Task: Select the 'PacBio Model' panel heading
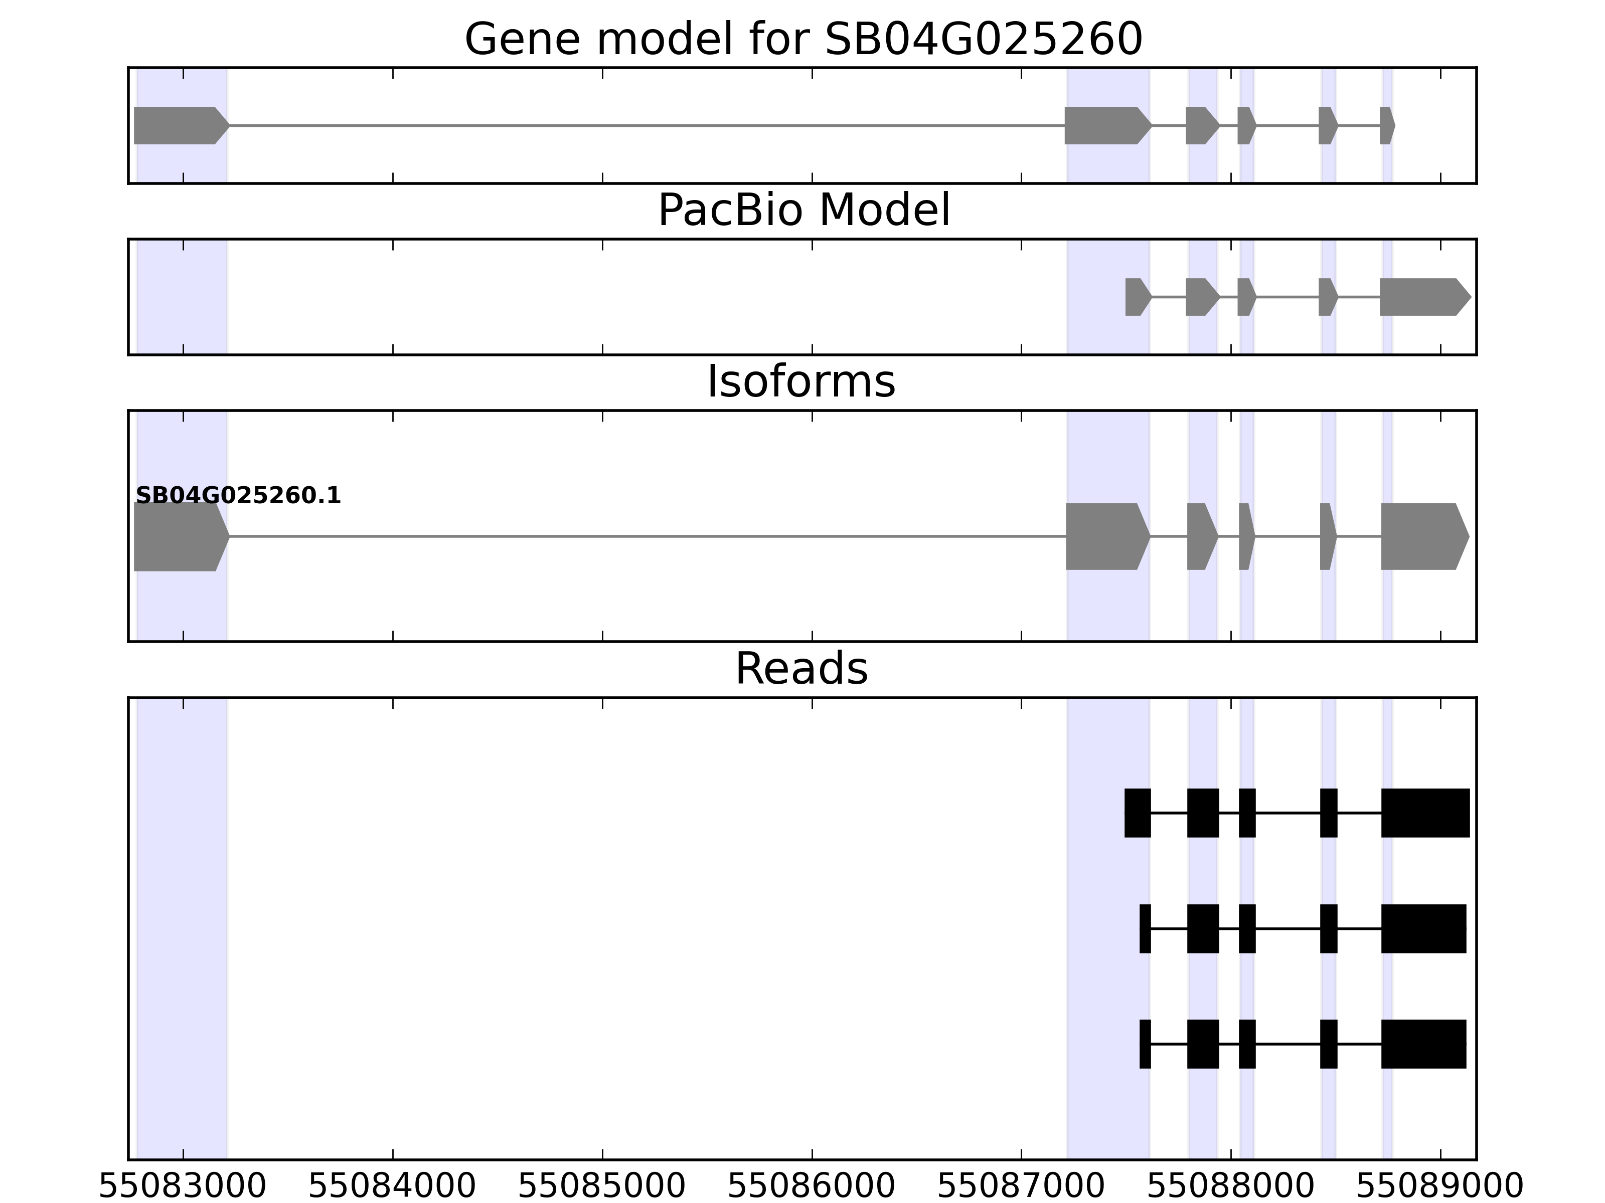pos(803,211)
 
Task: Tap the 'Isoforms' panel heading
pos(801,382)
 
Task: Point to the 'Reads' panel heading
pos(801,669)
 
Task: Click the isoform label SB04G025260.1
pos(238,496)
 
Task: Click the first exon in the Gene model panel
pos(178,125)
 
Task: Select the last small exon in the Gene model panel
pos(1386,125)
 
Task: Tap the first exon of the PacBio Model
pos(1136,297)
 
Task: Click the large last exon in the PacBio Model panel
pos(1422,297)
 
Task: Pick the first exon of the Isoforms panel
pos(178,537)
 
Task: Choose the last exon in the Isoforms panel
pos(1422,537)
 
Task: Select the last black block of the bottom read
pos(1423,1044)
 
